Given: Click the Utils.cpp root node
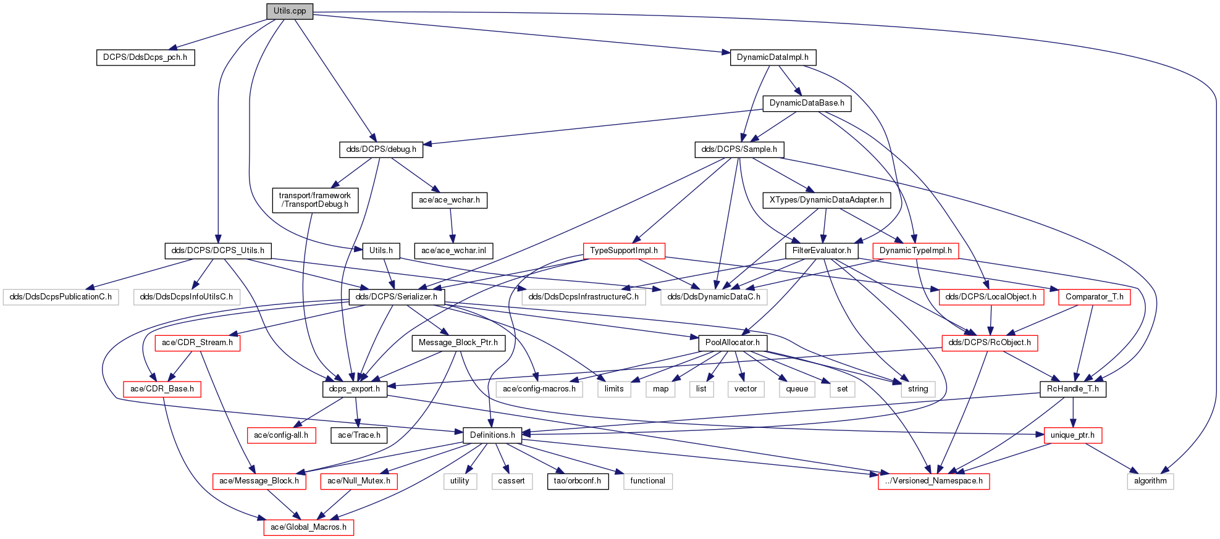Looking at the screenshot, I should [x=290, y=11].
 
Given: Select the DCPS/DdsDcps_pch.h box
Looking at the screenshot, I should [x=145, y=57].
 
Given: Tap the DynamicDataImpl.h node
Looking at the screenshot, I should [x=773, y=57].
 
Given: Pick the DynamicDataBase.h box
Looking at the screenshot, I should [x=807, y=103].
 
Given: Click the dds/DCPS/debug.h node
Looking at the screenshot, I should [x=381, y=149].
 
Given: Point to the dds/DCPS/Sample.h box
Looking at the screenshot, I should [x=739, y=149].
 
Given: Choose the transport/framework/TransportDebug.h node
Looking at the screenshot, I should [x=315, y=200].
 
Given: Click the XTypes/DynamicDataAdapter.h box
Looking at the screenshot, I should [x=827, y=200].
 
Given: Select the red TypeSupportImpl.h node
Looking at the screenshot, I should [x=624, y=251].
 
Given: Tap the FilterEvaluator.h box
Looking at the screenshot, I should [x=822, y=251].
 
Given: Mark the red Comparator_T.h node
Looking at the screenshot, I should [x=1095, y=297].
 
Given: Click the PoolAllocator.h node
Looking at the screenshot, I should [x=733, y=343].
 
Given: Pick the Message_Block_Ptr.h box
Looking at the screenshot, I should [x=458, y=343].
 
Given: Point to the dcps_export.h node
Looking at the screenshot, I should [x=355, y=389].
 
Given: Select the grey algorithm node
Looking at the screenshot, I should [x=1150, y=481].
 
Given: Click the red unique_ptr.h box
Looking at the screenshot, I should [x=1072, y=435].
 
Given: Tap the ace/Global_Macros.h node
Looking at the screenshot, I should [x=308, y=527].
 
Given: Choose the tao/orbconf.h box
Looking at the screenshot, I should [x=578, y=481].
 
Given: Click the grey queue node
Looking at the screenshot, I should [x=797, y=389].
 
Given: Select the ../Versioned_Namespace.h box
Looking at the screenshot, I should [x=933, y=481].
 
